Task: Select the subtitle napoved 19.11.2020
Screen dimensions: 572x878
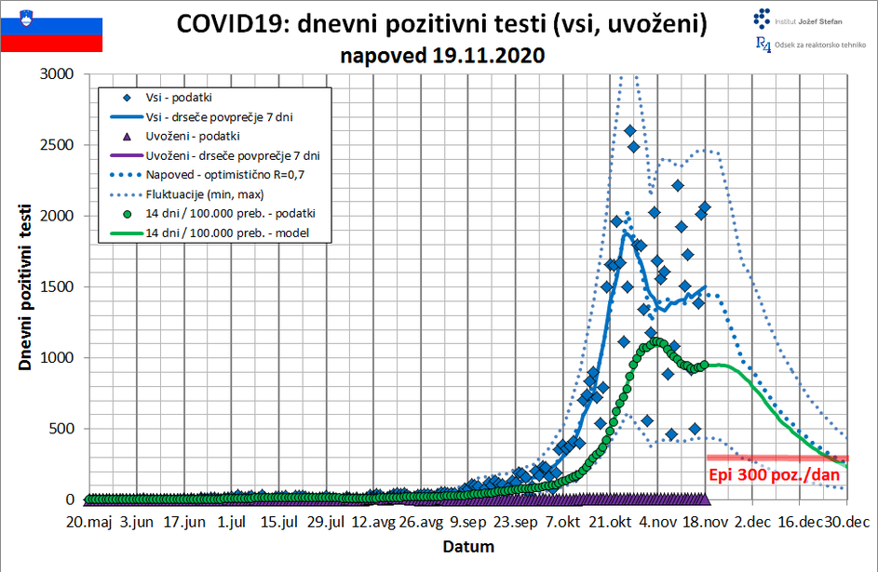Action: (x=442, y=55)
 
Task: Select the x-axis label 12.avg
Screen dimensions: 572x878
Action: (x=372, y=523)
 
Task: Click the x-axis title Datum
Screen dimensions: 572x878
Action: (x=468, y=546)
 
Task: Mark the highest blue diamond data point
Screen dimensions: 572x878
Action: (x=630, y=130)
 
